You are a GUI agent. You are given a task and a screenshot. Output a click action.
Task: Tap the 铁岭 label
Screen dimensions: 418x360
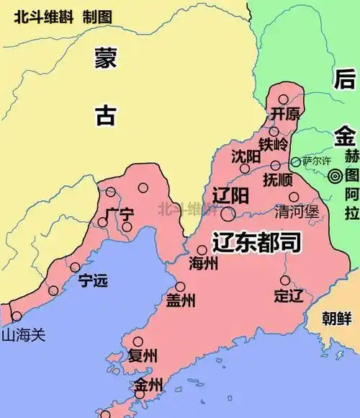pos(274,143)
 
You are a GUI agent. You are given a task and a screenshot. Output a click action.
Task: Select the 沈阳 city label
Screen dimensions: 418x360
pos(246,156)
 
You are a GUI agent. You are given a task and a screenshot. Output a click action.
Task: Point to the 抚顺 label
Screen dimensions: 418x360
pos(279,179)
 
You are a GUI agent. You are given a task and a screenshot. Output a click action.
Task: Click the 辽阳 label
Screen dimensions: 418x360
pos(231,195)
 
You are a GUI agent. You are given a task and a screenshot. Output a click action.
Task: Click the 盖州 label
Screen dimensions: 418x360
pos(180,301)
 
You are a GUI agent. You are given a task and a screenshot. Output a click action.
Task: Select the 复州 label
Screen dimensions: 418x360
pos(143,355)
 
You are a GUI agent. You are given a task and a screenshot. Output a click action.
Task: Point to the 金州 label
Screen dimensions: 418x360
pos(148,386)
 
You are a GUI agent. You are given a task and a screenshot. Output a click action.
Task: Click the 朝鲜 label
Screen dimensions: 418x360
pos(336,317)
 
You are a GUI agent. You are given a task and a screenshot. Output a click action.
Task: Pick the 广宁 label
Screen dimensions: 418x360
pos(119,214)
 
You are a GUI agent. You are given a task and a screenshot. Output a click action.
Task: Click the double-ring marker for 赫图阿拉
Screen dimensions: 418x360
pos(336,176)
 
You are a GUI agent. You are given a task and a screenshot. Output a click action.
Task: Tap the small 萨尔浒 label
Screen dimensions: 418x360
pos(315,161)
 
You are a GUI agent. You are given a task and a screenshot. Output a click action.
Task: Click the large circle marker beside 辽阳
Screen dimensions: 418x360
pos(228,213)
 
